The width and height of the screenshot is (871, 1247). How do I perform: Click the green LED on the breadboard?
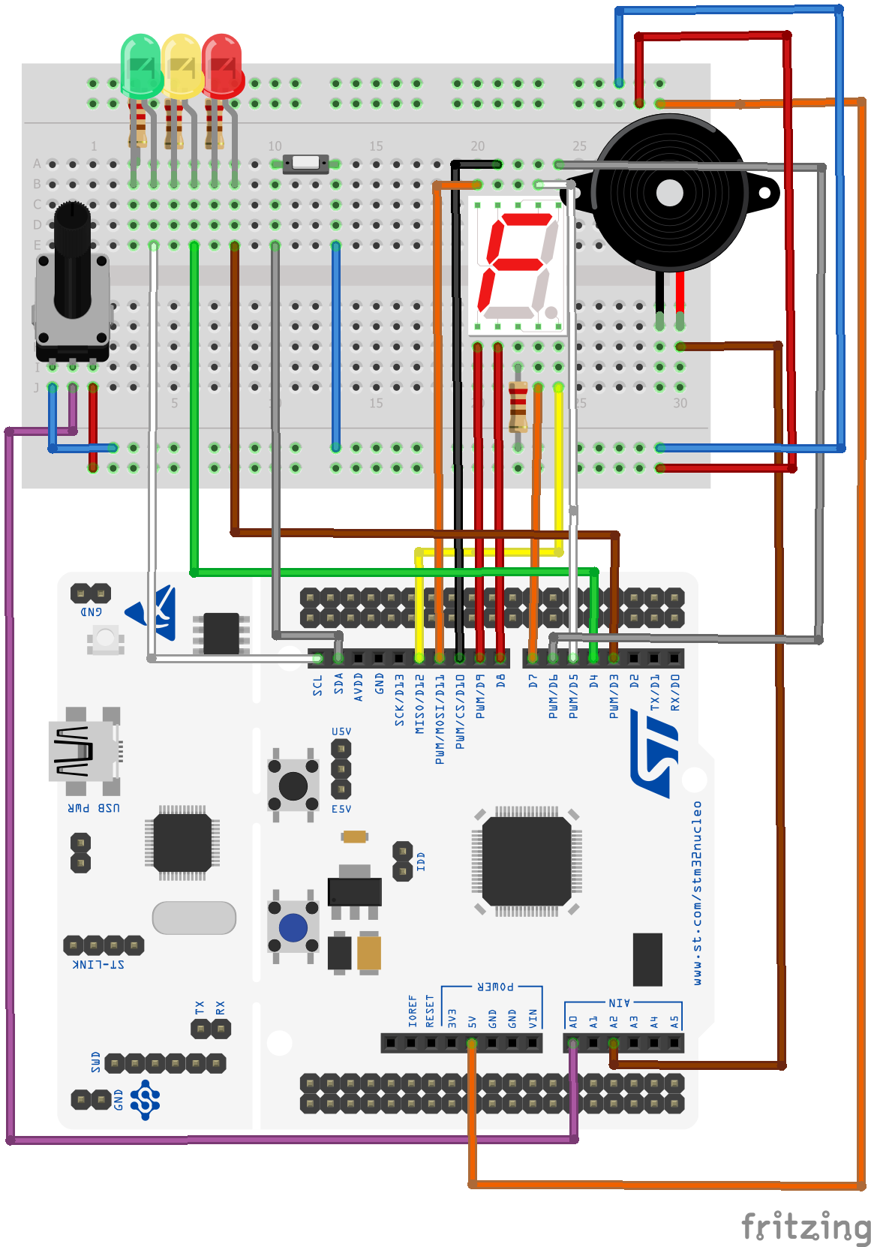(x=140, y=66)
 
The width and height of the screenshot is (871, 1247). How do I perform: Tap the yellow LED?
(x=181, y=66)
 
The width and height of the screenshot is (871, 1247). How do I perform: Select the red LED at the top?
(x=222, y=66)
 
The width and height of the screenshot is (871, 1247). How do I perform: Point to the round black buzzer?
(x=669, y=194)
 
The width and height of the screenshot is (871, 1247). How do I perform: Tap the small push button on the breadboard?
(x=305, y=163)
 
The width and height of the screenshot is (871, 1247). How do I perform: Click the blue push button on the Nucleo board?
(x=293, y=927)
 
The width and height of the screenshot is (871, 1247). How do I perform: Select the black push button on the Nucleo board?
(x=293, y=786)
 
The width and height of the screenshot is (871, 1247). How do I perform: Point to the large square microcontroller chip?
(x=527, y=861)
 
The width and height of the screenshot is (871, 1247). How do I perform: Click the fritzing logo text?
(x=806, y=1227)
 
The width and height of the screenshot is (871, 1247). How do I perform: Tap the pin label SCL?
(x=318, y=685)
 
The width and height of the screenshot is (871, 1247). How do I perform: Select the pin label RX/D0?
(x=675, y=693)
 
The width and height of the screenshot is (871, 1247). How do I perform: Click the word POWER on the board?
(x=495, y=987)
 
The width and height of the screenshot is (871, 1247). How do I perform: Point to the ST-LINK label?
(x=98, y=964)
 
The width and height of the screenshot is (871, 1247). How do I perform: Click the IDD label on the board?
(x=421, y=861)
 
